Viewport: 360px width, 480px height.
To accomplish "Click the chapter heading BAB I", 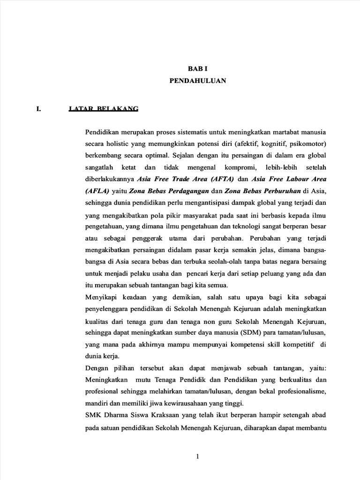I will [x=197, y=68].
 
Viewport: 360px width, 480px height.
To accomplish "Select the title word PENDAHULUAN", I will [x=197, y=81].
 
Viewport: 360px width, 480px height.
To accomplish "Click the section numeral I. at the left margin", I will [x=39, y=109].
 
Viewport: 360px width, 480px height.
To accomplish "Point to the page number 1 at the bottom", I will [x=198, y=457].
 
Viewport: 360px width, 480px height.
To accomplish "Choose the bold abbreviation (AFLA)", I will [x=97, y=191].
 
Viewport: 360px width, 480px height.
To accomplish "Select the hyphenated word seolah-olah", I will [x=211, y=261].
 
